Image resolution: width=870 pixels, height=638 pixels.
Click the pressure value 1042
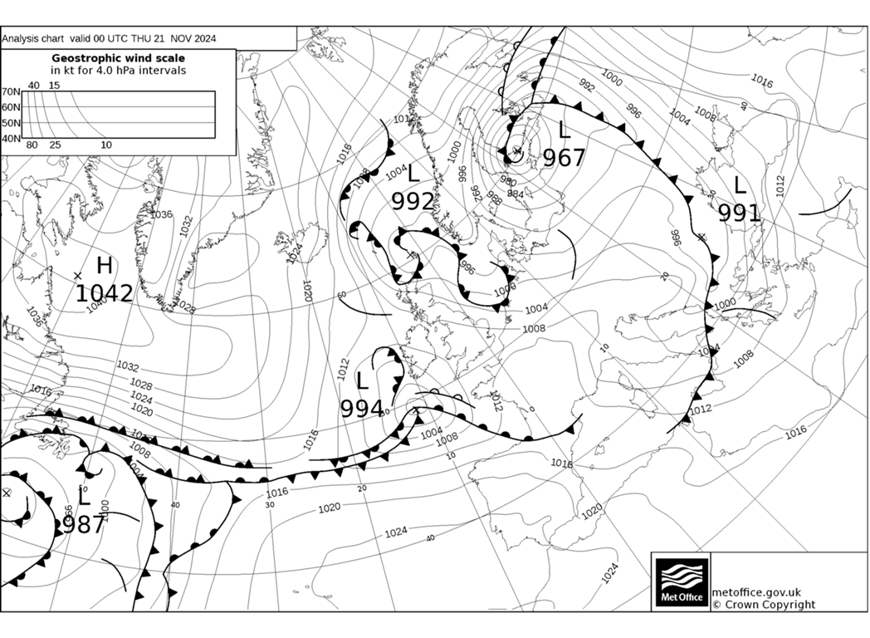(105, 293)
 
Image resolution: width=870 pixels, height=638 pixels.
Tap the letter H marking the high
(104, 266)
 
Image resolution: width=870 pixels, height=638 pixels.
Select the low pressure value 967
(565, 158)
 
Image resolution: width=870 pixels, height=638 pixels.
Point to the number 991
(739, 213)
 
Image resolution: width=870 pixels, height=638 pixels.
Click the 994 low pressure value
(362, 409)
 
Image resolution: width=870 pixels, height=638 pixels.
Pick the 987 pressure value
(84, 524)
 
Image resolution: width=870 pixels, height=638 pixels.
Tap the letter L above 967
(565, 130)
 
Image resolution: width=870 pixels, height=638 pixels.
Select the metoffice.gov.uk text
(756, 591)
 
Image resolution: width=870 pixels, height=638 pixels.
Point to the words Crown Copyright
(770, 605)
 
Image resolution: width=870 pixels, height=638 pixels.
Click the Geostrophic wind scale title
(119, 58)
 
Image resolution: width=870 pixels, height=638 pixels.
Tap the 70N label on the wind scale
(11, 92)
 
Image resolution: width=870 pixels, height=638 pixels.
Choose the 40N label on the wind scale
(11, 139)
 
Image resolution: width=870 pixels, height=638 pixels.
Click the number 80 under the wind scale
(32, 145)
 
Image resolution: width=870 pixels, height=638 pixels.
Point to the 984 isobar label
(516, 194)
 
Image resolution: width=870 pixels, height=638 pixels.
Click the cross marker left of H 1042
(78, 275)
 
